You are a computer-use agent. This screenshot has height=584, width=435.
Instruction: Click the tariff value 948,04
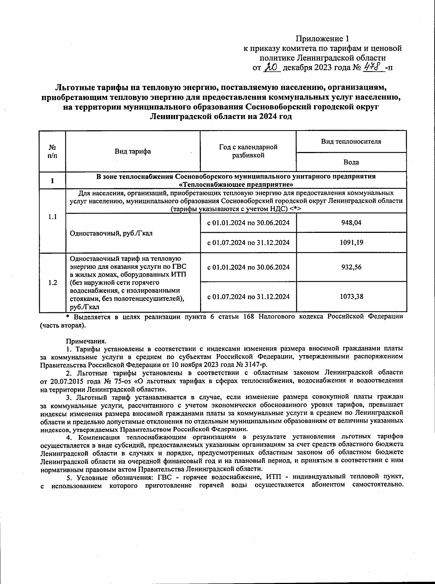[351, 223]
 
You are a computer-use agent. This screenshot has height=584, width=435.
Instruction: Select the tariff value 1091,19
[351, 243]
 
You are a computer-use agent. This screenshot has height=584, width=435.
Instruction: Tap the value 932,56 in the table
[351, 267]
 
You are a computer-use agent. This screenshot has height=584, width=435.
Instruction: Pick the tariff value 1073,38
[351, 296]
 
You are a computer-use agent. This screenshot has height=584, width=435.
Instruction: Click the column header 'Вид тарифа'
[133, 151]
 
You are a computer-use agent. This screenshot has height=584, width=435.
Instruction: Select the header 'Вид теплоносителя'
[351, 141]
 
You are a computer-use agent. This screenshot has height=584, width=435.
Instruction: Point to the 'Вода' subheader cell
[351, 162]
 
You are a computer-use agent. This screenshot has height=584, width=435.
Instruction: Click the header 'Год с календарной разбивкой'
[248, 151]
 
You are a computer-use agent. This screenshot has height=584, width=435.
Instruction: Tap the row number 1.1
[53, 217]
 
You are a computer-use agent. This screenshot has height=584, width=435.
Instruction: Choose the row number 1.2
[53, 283]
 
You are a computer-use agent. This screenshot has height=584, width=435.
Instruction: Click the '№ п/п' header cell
[53, 151]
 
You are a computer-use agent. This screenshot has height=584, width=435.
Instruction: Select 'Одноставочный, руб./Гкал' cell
[111, 233]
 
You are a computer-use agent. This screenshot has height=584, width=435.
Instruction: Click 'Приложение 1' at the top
[322, 38]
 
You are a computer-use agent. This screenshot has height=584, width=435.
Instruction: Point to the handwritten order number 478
[374, 67]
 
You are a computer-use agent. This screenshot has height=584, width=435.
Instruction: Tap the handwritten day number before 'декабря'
[271, 67]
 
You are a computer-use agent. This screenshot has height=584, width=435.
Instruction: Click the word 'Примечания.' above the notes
[86, 341]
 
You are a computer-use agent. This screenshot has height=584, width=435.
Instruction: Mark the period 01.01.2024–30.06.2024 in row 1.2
[248, 267]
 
